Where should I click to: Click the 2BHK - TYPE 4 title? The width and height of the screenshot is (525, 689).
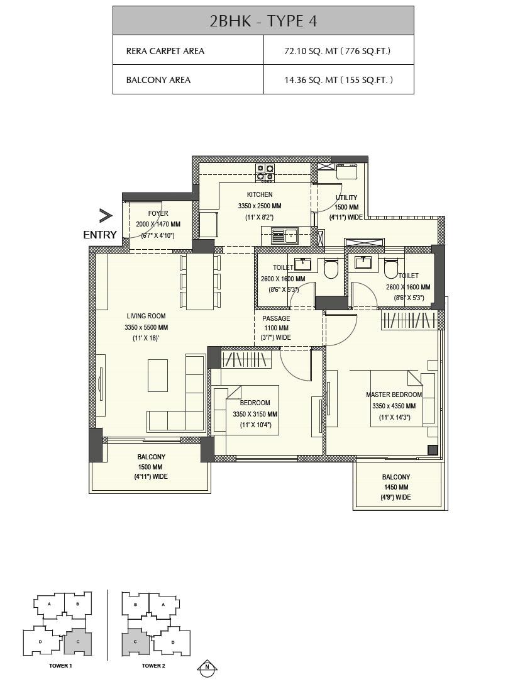[x=263, y=21]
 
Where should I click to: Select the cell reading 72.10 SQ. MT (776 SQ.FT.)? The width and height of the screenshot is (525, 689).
[x=338, y=50]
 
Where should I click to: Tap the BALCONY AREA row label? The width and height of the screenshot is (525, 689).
[x=158, y=80]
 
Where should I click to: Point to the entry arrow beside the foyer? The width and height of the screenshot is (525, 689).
[x=105, y=216]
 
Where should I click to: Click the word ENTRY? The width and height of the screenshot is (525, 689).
[x=100, y=235]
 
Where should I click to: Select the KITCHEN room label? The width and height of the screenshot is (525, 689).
[x=260, y=194]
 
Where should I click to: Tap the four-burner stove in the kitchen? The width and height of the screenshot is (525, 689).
[x=265, y=172]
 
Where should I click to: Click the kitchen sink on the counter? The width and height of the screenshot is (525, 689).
[x=285, y=236]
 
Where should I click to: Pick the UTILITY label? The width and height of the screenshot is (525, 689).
[x=346, y=198]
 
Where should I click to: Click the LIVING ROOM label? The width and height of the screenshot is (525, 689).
[x=146, y=316]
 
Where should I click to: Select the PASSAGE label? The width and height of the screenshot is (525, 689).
[x=276, y=318]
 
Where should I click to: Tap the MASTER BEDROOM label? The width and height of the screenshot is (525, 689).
[x=394, y=395]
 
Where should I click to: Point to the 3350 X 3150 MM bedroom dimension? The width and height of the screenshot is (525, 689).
[x=255, y=414]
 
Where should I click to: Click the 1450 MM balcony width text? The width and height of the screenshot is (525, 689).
[x=395, y=487]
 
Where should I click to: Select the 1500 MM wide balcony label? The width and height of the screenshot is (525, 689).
[x=151, y=467]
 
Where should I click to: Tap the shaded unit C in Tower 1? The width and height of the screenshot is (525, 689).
[x=77, y=641]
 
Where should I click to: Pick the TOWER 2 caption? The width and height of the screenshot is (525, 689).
[x=153, y=665]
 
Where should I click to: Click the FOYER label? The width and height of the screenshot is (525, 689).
[x=158, y=213]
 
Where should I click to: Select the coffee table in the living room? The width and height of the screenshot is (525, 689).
[x=158, y=375]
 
